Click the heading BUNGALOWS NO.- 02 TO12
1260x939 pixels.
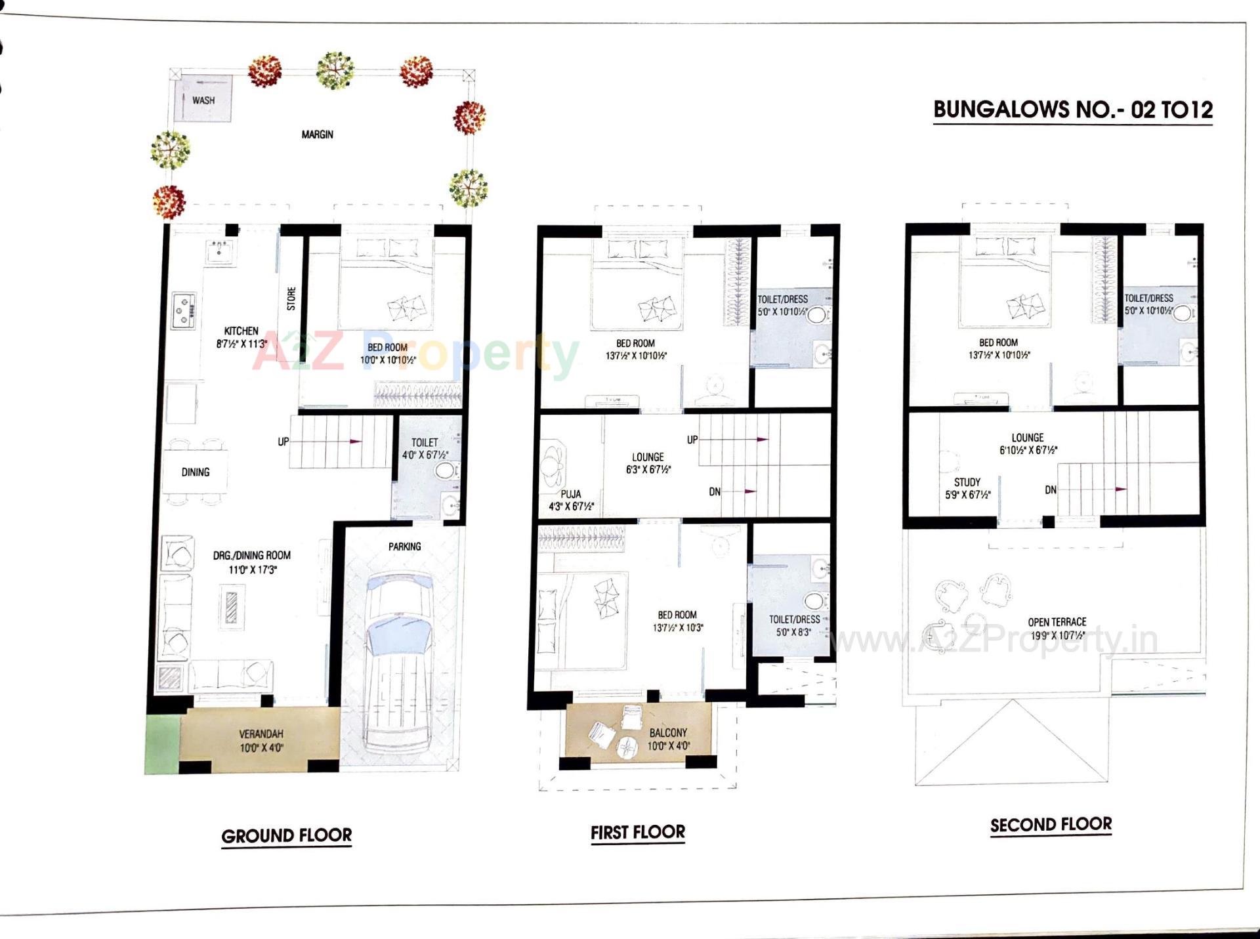1072,109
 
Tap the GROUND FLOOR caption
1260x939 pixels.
286,835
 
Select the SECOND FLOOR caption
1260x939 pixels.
1051,824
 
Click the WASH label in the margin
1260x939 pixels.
203,100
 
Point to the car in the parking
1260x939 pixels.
398,663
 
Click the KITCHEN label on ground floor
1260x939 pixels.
241,331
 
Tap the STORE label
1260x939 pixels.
291,299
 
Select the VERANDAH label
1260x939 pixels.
261,734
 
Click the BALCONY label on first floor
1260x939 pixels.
668,732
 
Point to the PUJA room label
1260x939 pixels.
570,493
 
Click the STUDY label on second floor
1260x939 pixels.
967,482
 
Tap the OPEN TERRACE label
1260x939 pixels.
1057,621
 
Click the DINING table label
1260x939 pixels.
196,472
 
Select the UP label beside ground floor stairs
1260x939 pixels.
283,442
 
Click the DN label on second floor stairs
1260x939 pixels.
1050,490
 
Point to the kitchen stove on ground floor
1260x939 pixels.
184,310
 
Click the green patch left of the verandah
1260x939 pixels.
161,743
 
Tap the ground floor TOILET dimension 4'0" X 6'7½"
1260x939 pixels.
425,455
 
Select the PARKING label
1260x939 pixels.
404,546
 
